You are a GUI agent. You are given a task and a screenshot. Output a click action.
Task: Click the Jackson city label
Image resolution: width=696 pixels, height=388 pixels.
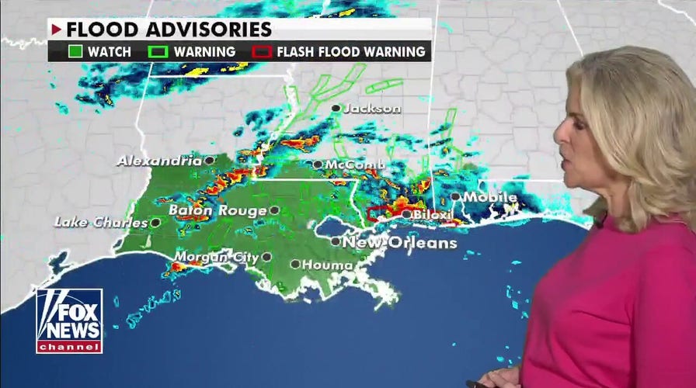pos(372,109)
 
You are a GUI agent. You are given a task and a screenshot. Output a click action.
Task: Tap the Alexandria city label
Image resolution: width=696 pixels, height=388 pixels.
pos(159,161)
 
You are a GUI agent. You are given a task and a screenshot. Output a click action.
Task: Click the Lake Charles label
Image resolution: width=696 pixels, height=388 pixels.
pos(100,223)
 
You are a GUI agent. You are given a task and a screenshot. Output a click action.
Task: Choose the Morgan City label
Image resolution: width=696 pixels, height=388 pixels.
pos(215,257)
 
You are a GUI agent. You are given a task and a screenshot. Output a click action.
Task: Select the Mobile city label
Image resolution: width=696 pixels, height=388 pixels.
pos(490,197)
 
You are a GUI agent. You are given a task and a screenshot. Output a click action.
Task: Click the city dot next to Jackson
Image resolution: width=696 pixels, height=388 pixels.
pos(336,108)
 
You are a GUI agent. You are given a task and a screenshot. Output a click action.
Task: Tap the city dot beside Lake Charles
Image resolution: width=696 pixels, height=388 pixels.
pos(155,223)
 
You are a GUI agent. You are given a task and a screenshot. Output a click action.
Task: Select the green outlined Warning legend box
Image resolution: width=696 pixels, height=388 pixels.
pos(157,52)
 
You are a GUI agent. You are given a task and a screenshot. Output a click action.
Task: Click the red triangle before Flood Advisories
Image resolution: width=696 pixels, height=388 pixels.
pos(57,29)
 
